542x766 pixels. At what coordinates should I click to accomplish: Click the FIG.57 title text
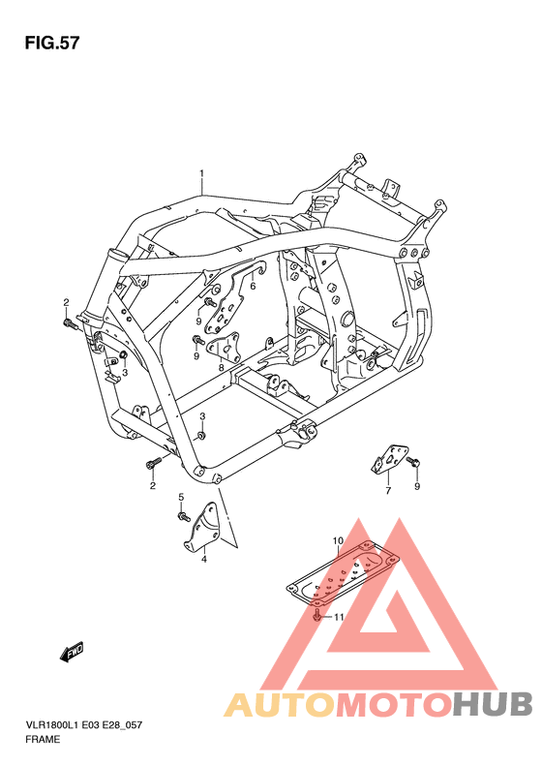51,44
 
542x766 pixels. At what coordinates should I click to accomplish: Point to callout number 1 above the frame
202,174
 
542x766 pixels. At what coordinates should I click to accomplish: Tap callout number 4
204,559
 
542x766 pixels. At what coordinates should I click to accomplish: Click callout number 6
252,286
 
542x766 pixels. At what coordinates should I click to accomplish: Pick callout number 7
387,491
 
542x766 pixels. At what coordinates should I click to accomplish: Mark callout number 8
221,368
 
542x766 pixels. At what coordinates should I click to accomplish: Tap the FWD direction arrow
73,653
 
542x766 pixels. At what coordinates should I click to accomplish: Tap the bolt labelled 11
318,615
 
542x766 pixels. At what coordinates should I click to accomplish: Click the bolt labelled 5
181,516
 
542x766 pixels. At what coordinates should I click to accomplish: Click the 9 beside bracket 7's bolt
417,486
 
